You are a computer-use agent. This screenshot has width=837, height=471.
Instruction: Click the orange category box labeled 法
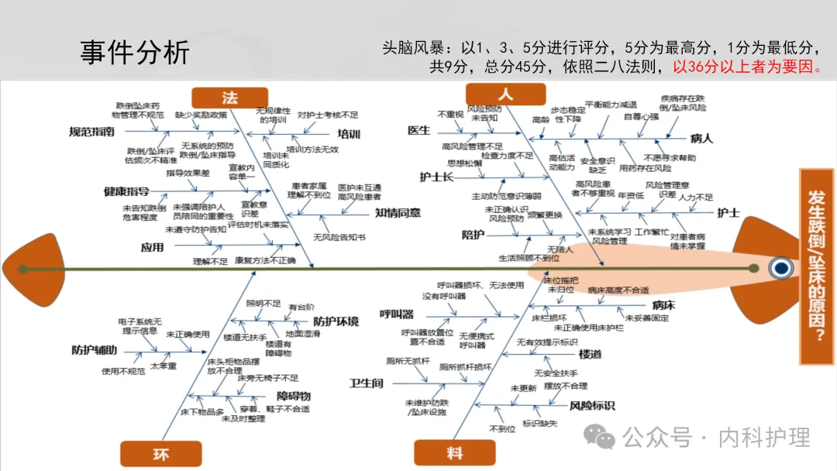pyautogui.click(x=229, y=98)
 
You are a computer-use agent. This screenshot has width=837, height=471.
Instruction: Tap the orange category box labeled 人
pyautogui.click(x=505, y=95)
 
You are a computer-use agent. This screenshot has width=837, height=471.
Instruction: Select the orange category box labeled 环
pyautogui.click(x=160, y=454)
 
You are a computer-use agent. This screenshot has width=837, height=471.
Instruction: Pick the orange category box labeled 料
pyautogui.click(x=453, y=454)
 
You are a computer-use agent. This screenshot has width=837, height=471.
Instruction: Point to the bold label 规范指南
pyautogui.click(x=91, y=132)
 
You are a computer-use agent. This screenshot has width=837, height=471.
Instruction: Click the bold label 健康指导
pyautogui.click(x=126, y=191)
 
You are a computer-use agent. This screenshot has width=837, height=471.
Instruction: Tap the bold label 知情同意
pyautogui.click(x=398, y=213)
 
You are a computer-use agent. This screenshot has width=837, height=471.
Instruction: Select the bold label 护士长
pyautogui.click(x=436, y=177)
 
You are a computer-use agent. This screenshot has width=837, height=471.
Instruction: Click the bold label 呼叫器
pyautogui.click(x=396, y=314)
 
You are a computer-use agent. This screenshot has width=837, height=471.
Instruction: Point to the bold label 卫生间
pyautogui.click(x=366, y=383)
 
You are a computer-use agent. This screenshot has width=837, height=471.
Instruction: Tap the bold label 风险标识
pyautogui.click(x=592, y=405)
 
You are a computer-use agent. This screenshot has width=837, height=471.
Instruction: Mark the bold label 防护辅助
pyautogui.click(x=95, y=350)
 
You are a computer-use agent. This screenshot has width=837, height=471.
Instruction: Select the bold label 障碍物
pyautogui.click(x=294, y=397)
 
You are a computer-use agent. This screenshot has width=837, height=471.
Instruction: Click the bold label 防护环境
pyautogui.click(x=336, y=321)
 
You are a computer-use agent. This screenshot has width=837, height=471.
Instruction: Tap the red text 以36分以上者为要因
pyautogui.click(x=747, y=67)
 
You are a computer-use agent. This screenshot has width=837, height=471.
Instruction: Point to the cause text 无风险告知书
pyautogui.click(x=339, y=236)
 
